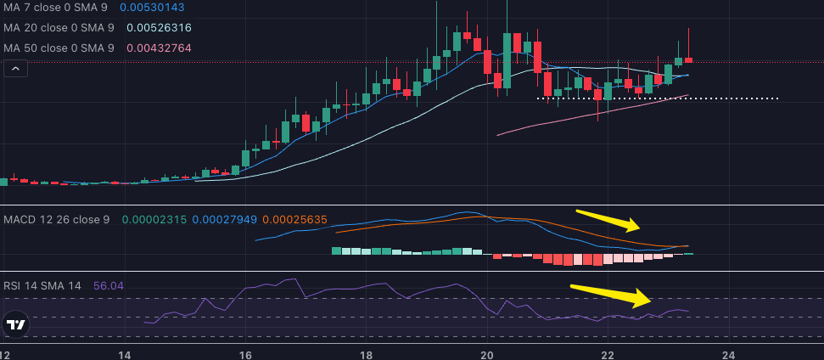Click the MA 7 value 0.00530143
coord(152,8)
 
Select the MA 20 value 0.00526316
coord(159,28)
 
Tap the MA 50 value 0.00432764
coord(159,48)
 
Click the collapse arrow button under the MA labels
coord(14,70)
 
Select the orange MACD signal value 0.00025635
coord(294,220)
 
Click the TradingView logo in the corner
coord(14,324)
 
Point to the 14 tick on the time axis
coord(124,354)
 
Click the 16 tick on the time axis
coord(245,354)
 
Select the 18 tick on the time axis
coord(366,354)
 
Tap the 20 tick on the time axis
coord(487,354)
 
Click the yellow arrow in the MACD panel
coord(608,221)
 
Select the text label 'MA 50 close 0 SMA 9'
coord(59,48)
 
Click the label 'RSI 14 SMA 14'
coord(42,286)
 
